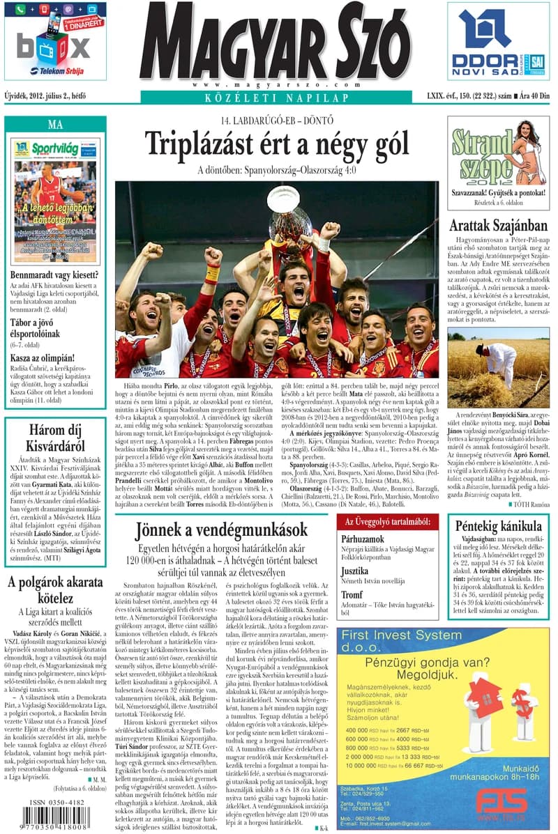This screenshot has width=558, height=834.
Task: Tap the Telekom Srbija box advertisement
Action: coord(55,41)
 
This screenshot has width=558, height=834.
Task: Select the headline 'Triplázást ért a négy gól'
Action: coord(276,144)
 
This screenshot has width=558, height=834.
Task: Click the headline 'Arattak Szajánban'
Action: coord(498,226)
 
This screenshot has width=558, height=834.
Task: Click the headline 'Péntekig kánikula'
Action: coord(498,527)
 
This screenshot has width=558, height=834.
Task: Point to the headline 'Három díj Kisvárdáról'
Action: coord(55,437)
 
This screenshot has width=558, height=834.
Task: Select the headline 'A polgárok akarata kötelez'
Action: coord(55,590)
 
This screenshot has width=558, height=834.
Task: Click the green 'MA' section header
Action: coord(55,125)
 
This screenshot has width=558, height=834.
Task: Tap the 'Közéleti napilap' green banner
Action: coord(276,98)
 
